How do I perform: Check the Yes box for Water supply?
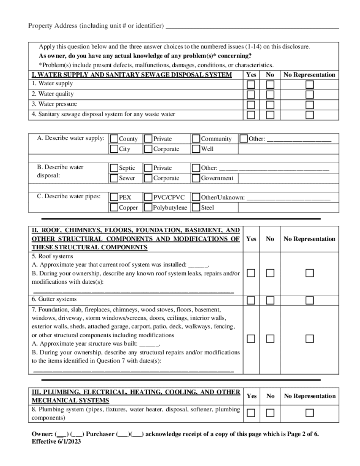pos(251,84)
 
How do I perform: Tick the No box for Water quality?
pos(270,94)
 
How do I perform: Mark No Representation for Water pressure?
pos(310,105)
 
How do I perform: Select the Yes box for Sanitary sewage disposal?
pos(251,115)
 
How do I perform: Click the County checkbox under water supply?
pos(114,139)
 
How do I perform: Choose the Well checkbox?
pos(196,149)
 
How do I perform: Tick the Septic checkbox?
pos(114,168)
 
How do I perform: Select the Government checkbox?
pos(196,178)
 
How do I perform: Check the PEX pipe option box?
pos(114,197)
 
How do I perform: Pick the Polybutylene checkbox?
pos(148,207)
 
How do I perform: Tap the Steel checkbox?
pos(196,207)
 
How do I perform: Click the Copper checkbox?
pos(114,207)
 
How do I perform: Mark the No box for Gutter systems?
pos(270,300)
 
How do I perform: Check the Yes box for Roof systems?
pos(251,273)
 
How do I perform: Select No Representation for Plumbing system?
pos(310,413)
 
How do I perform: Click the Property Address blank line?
pos(252,27)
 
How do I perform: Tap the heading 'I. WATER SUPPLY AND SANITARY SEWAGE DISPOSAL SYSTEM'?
pos(132,75)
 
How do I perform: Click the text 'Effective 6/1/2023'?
pos(56,441)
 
